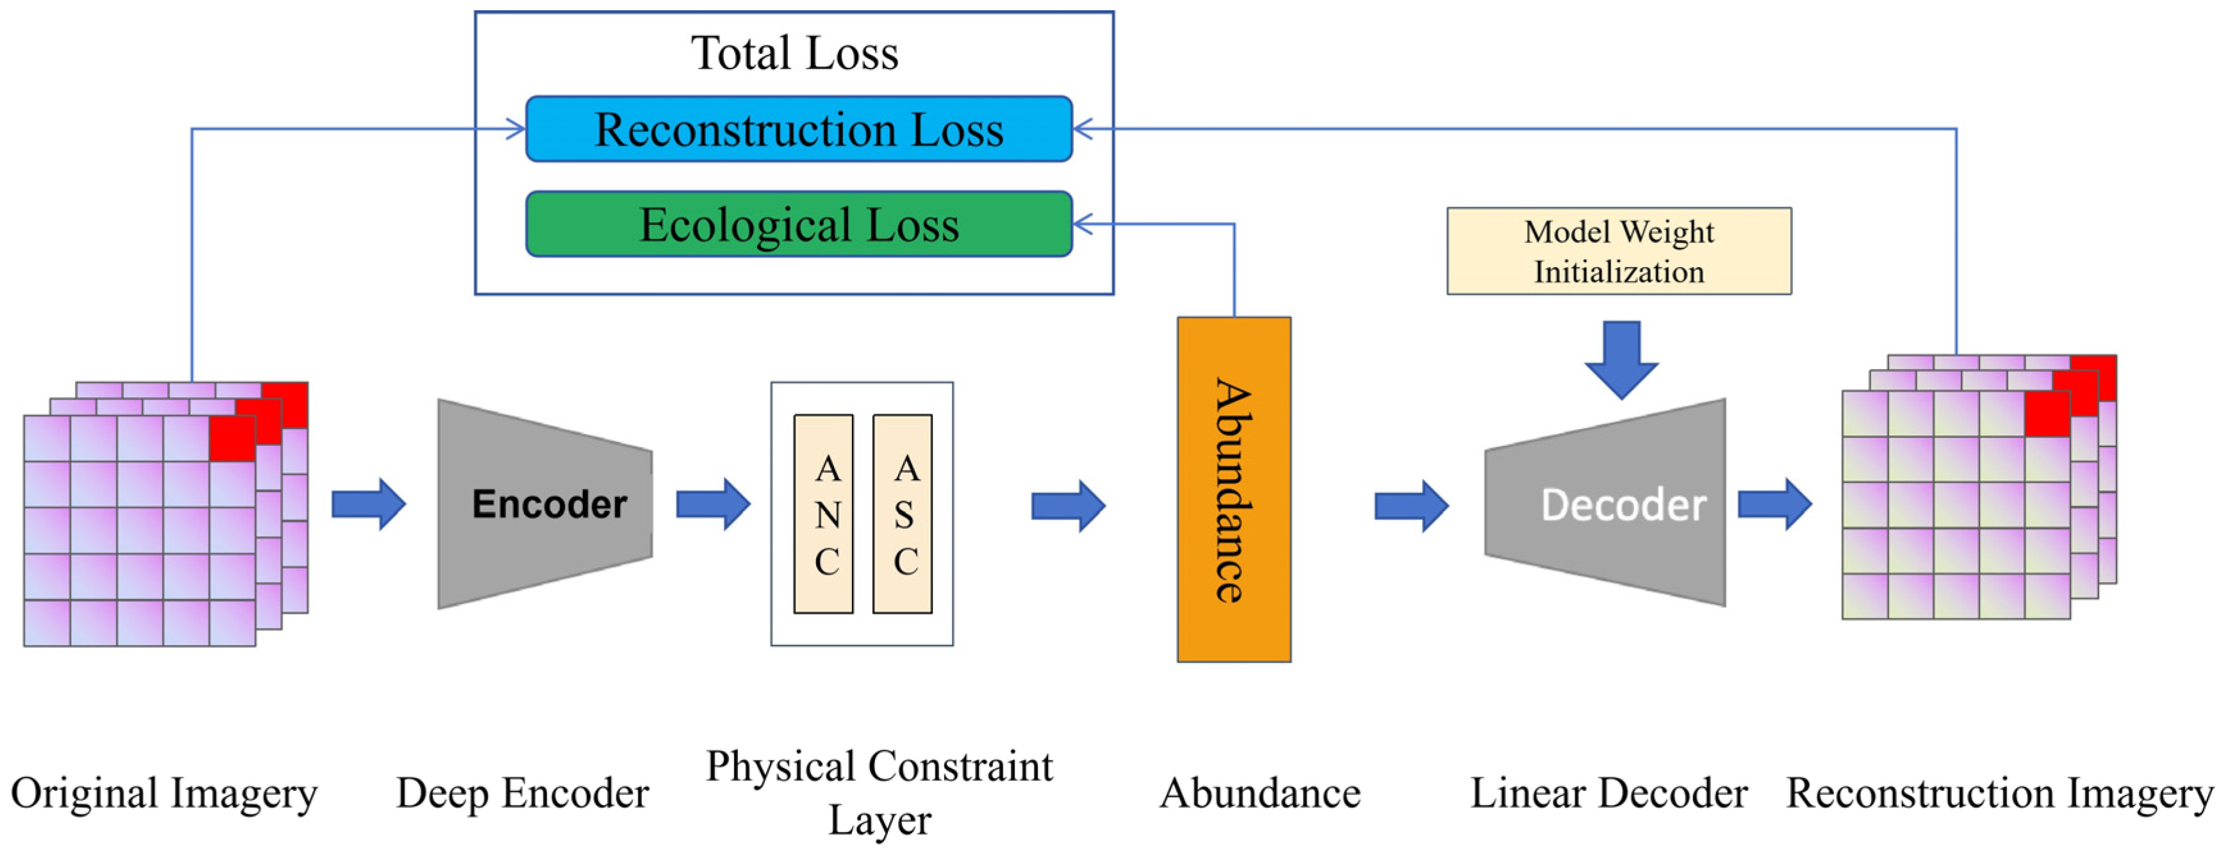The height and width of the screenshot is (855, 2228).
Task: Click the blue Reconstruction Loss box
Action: click(799, 129)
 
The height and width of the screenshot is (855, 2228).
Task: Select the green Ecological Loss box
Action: click(799, 224)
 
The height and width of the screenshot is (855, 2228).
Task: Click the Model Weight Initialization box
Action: click(1619, 250)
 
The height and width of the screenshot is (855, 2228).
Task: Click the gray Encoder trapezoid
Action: click(545, 504)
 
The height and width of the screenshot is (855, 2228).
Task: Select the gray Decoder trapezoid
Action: click(1605, 502)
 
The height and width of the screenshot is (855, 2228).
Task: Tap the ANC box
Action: click(823, 514)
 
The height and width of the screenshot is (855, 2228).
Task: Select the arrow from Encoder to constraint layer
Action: click(714, 504)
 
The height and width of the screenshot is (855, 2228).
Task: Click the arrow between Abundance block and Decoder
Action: click(1411, 506)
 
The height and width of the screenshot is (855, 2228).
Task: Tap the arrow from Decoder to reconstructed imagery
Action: click(1775, 504)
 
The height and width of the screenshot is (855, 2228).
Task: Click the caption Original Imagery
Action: click(165, 794)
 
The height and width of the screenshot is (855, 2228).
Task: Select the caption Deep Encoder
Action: click(522, 794)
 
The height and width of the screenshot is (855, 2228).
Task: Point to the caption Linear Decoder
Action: click(1609, 793)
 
